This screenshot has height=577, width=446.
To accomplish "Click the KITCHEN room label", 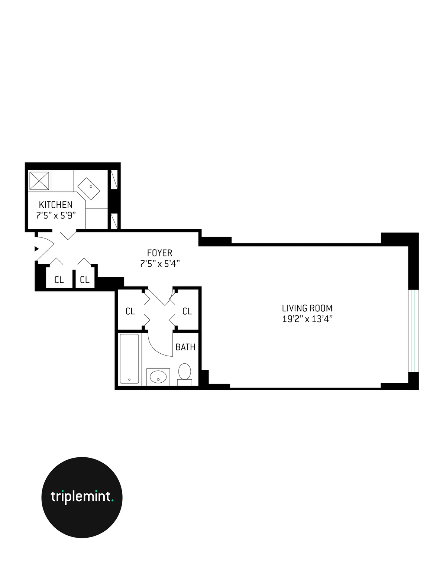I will [x=56, y=204].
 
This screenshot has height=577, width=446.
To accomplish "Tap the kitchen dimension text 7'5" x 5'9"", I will [x=56, y=215].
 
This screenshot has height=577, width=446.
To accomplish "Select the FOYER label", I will [x=160, y=253].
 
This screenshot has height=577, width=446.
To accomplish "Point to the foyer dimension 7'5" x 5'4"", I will [x=160, y=264].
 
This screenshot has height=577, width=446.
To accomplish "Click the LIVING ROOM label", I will [x=307, y=308].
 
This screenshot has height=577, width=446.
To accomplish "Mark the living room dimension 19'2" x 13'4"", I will [x=307, y=319].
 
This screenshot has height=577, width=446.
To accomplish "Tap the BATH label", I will [x=185, y=347].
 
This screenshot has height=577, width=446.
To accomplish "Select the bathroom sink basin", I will [x=158, y=377].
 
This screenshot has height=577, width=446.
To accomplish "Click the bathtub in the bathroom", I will [x=129, y=359].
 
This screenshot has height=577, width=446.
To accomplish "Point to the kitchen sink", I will [x=89, y=188].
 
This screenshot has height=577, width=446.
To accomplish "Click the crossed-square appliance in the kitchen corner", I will [x=39, y=180].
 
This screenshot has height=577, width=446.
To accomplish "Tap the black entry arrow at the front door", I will [x=36, y=249].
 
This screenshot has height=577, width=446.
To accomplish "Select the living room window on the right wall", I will [x=413, y=330].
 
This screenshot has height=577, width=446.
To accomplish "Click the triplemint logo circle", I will [x=82, y=497].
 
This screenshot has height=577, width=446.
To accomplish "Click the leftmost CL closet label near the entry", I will [x=59, y=280].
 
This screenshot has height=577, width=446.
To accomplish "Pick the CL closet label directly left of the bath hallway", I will [x=130, y=311].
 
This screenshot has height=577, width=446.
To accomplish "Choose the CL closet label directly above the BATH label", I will [x=187, y=311].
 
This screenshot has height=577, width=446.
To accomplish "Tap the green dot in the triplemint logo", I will [x=112, y=501].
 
